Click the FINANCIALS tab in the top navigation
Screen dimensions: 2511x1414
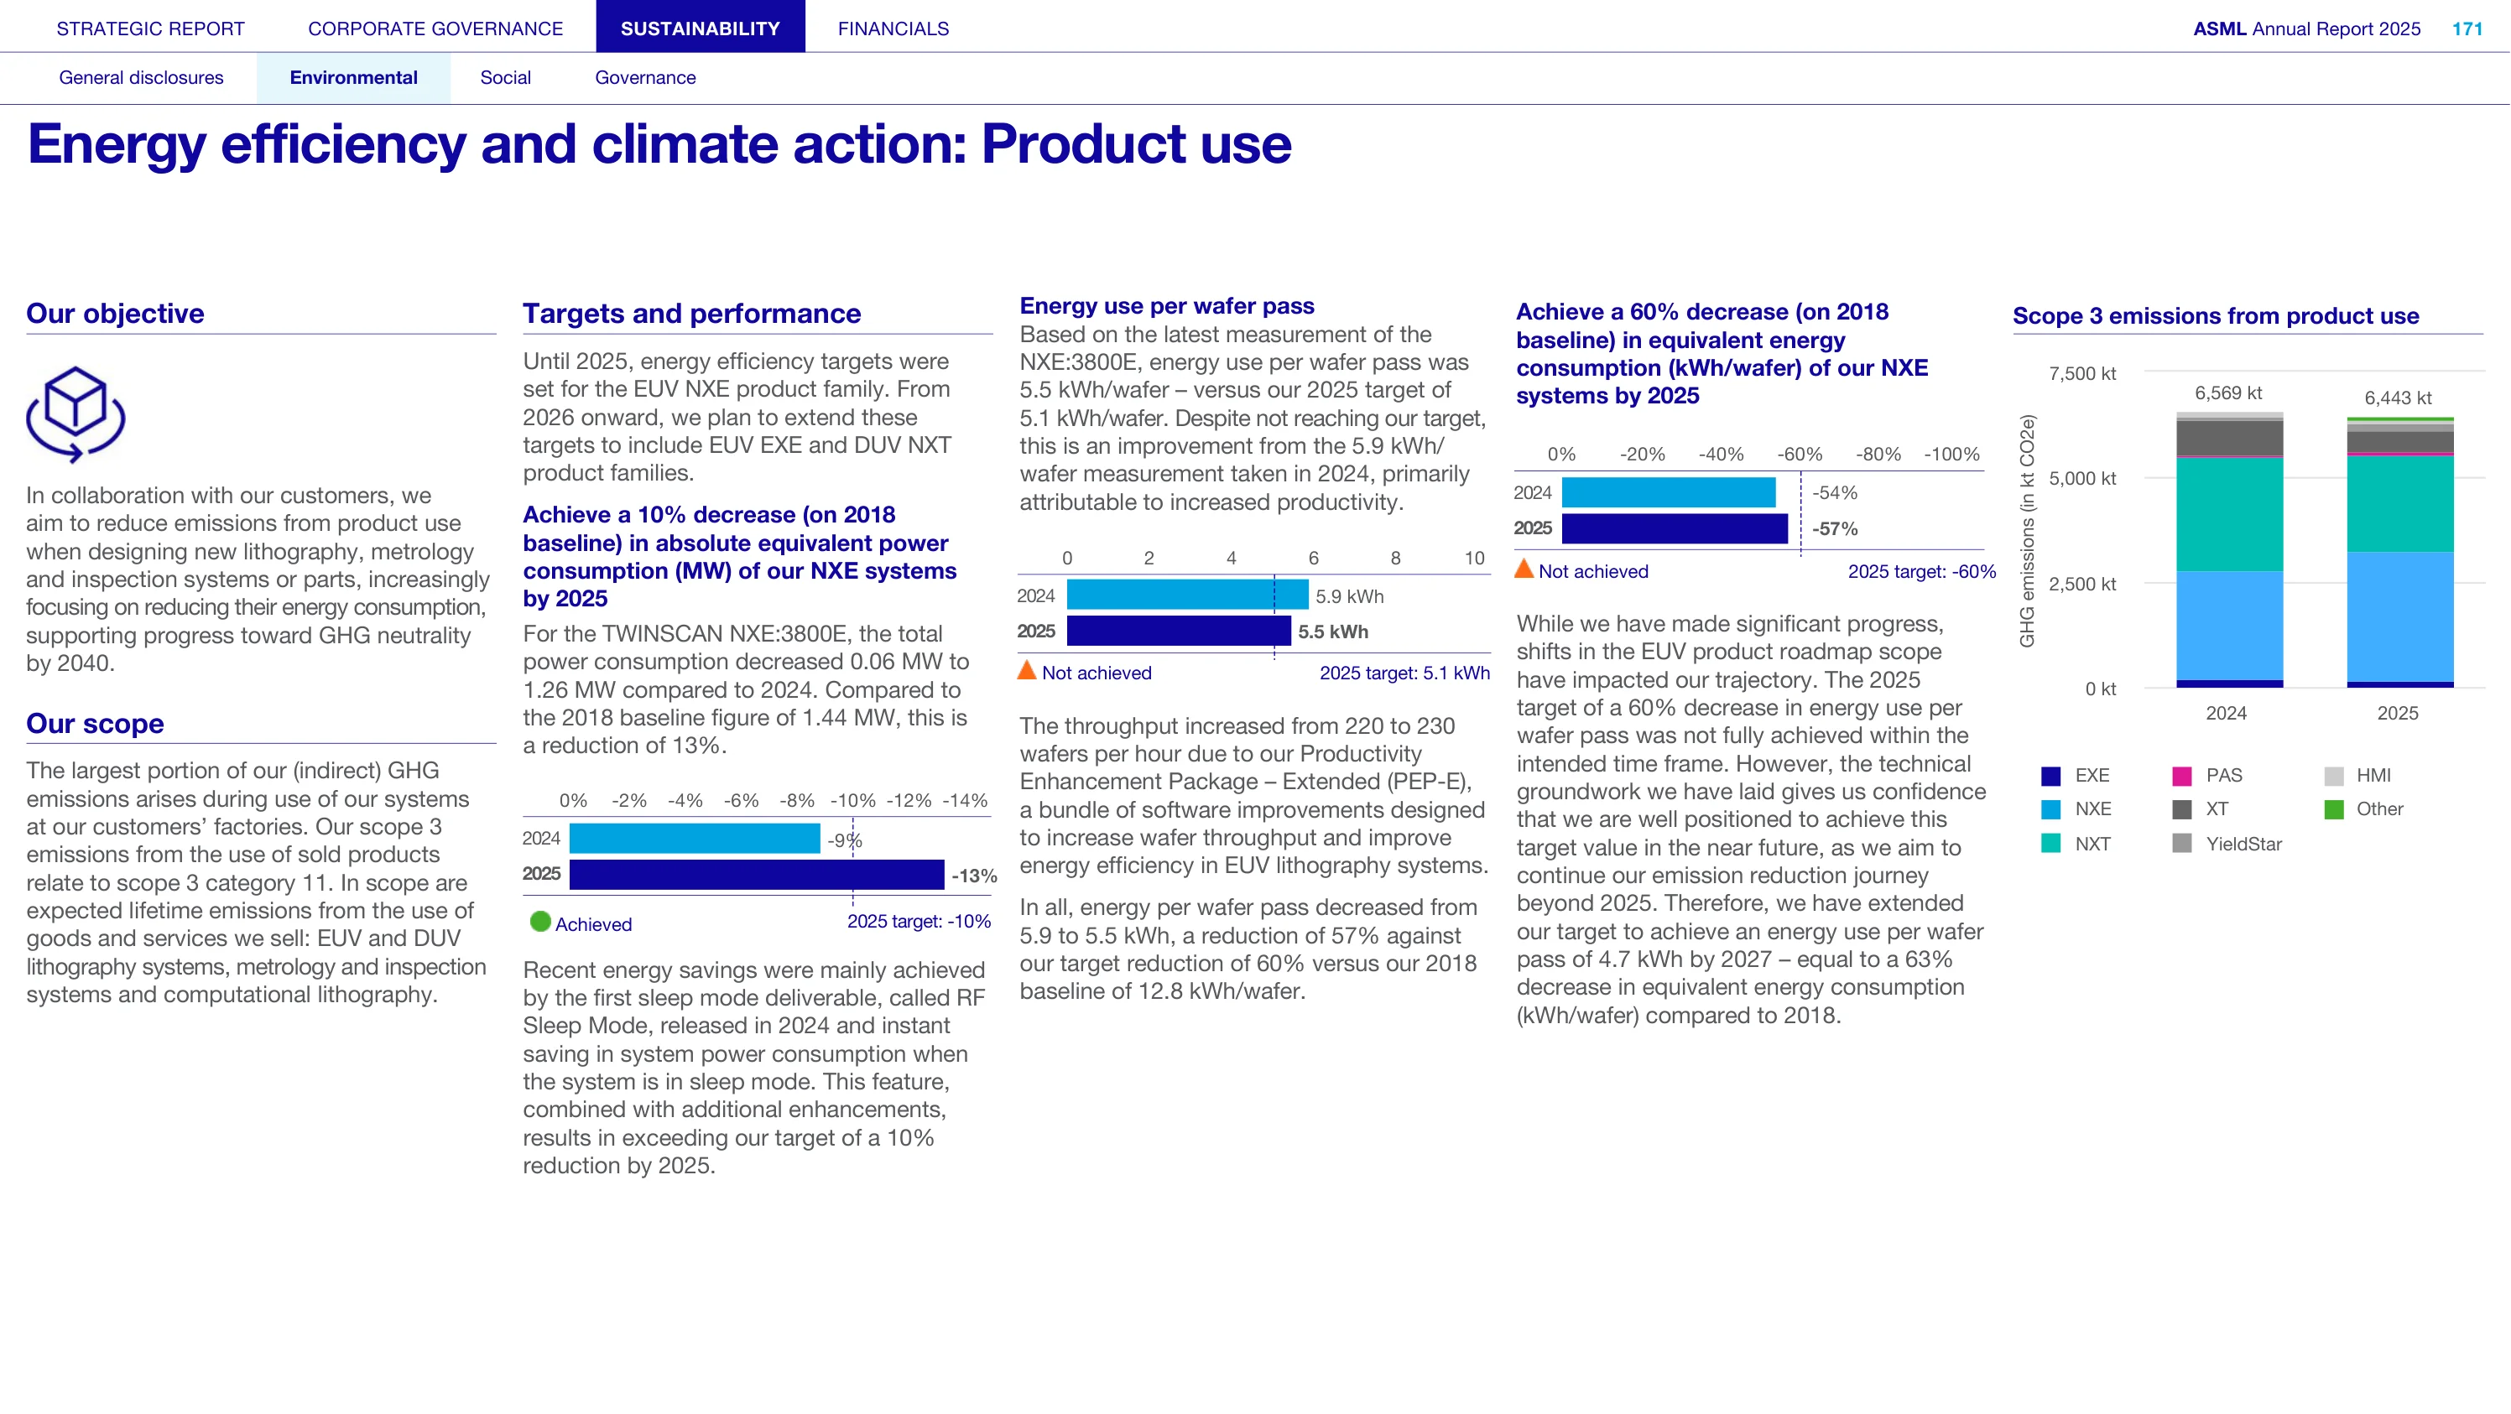[x=893, y=29]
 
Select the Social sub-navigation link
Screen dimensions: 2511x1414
[x=505, y=77]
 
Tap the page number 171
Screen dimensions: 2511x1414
[x=2467, y=29]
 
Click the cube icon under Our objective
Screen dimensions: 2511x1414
[x=75, y=414]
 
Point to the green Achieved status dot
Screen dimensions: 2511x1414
[x=540, y=921]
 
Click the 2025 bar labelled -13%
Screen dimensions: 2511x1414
[x=757, y=874]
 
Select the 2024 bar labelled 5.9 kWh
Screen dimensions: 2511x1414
[x=1187, y=595]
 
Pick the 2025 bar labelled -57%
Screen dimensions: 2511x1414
[x=1675, y=528]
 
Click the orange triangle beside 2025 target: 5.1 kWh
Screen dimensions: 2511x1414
[x=1026, y=670]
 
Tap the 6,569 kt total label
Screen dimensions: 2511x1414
[x=2228, y=392]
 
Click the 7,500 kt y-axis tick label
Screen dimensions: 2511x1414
[x=2082, y=373]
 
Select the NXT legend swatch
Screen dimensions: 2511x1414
[x=2051, y=843]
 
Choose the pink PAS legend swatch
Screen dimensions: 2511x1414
[x=2181, y=776]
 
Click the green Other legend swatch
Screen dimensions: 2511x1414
[x=2334, y=808]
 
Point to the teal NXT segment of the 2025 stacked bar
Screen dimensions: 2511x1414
[x=2400, y=504]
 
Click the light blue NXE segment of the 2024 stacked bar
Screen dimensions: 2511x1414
[x=2229, y=626]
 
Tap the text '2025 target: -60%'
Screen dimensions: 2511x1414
[x=1921, y=571]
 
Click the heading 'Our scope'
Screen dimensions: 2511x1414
[x=95, y=723]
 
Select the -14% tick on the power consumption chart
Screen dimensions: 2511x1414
[x=964, y=800]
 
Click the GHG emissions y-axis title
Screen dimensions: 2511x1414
[x=2028, y=531]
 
